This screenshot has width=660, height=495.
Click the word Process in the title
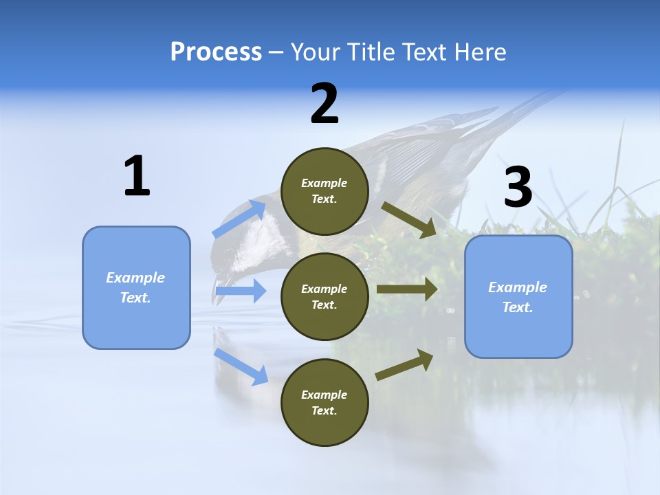tap(216, 52)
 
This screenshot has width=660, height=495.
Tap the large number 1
tap(137, 176)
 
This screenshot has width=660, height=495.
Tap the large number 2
tap(324, 103)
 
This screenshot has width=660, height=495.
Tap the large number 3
tap(518, 187)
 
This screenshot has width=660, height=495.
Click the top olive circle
tap(324, 191)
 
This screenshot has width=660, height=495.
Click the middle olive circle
tap(324, 296)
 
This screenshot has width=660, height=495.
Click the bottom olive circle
tap(324, 402)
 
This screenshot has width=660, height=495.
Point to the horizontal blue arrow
tap(241, 291)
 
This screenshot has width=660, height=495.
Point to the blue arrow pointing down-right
tap(241, 366)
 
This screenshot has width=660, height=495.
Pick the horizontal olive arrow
tap(407, 289)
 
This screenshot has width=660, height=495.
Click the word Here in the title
tap(482, 52)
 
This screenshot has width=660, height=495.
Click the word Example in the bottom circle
tap(324, 395)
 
